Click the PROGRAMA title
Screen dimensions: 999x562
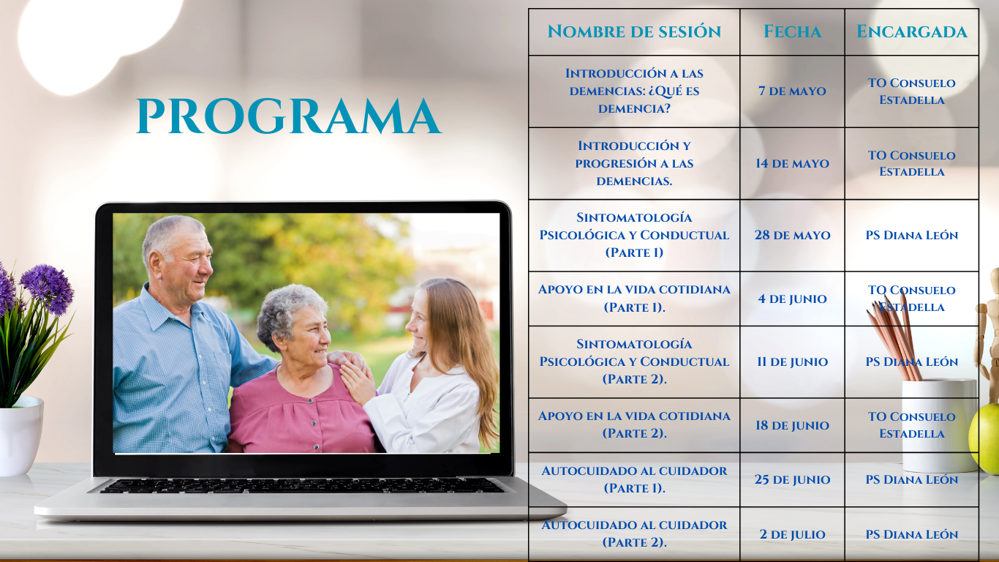[289, 116]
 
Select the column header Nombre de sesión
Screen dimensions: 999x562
[634, 31]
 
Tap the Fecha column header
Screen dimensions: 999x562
[792, 31]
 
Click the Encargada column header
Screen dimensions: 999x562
[911, 31]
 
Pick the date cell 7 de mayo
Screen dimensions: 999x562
[792, 91]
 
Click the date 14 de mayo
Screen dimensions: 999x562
[792, 163]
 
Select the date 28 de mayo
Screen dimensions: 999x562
[792, 235]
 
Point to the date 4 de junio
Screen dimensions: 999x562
[792, 299]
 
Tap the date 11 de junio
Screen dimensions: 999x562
[792, 361]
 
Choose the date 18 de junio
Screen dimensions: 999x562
[792, 425]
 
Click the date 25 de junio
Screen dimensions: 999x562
[792, 479]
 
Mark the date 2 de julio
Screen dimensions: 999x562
[792, 534]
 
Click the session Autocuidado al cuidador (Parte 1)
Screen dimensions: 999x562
[634, 479]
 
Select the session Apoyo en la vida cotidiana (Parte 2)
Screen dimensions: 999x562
[634, 424]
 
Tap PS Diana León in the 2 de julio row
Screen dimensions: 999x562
[911, 534]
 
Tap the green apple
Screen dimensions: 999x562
[984, 438]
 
